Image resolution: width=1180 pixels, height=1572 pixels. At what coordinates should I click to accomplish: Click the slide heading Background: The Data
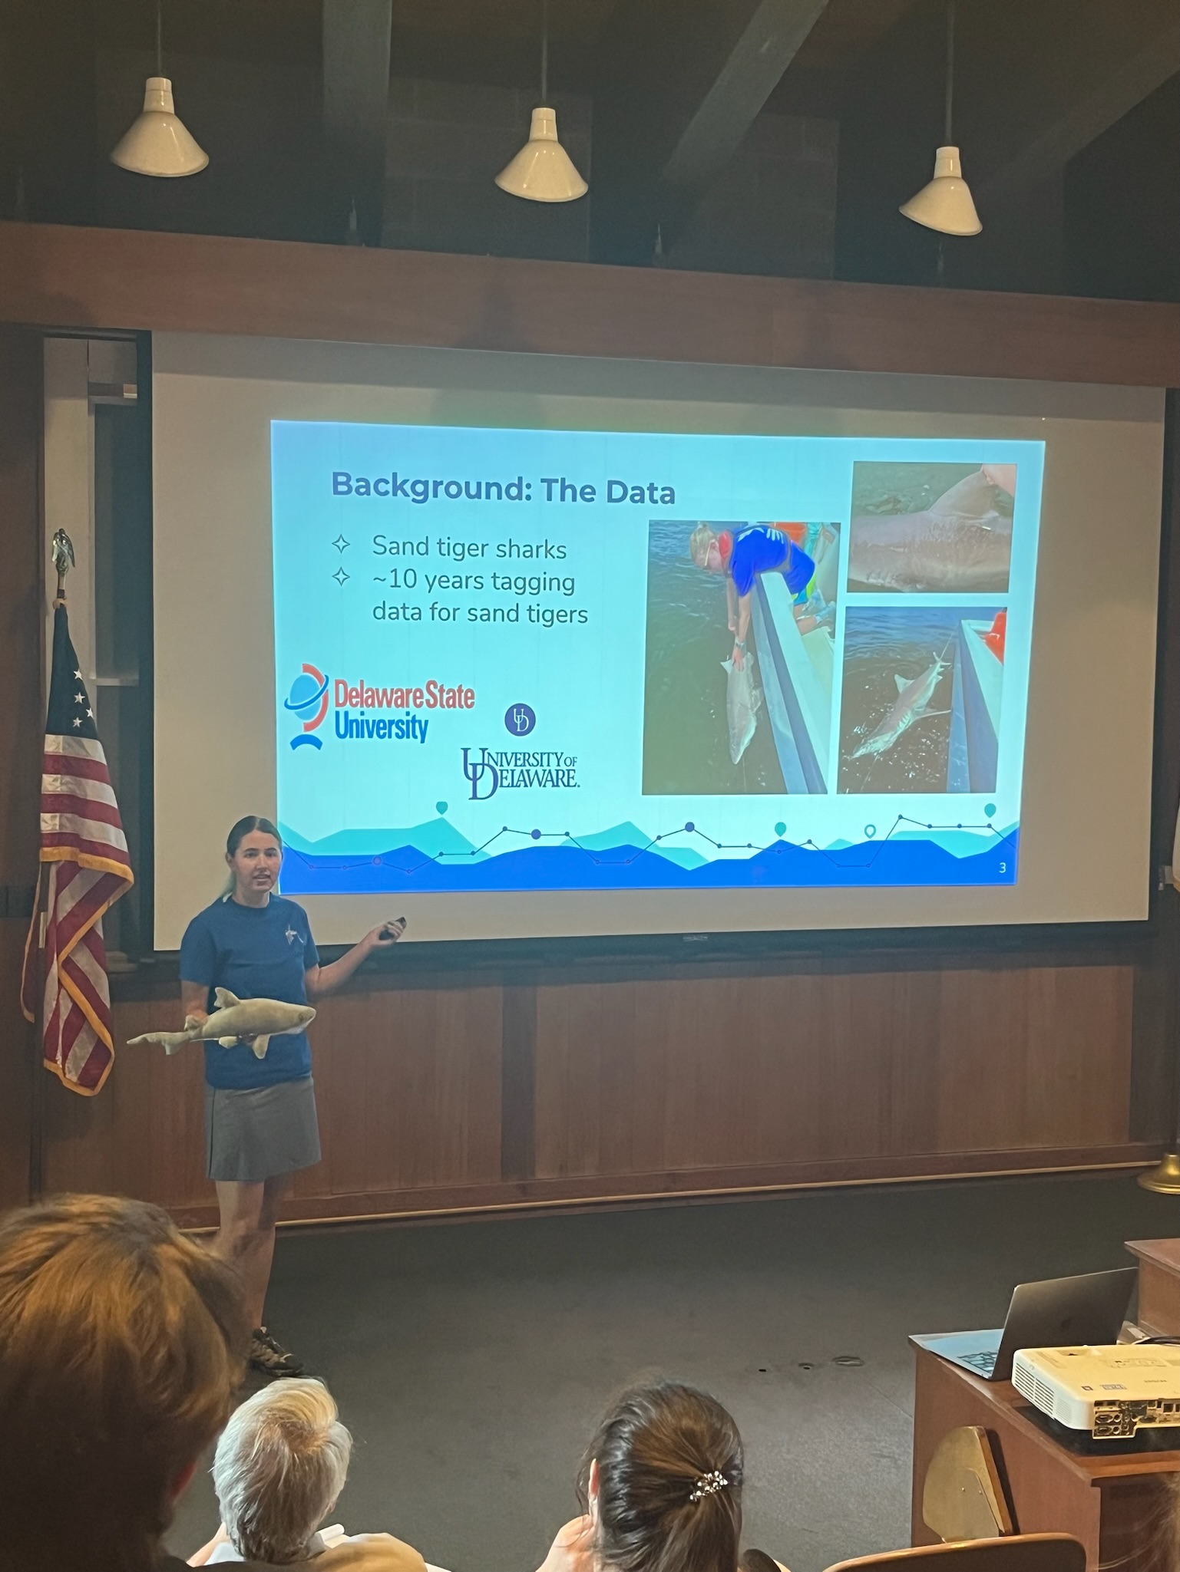503,488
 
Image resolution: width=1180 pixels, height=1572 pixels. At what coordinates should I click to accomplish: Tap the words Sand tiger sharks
469,548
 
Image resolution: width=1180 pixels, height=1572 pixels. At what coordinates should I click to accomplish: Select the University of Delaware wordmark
520,773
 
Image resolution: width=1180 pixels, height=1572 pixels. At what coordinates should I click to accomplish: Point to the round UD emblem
520,720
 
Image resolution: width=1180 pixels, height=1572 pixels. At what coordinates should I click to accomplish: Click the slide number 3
1002,868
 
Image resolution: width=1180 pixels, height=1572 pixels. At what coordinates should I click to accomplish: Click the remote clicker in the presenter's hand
393,928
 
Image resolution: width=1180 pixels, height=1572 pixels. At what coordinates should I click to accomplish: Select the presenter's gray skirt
261,1132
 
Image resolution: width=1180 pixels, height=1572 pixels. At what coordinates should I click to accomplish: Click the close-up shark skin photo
931,528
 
